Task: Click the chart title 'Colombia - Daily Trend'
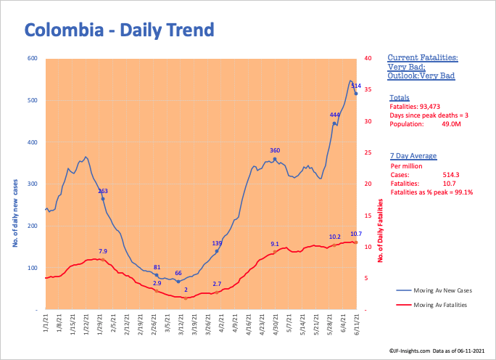point(120,30)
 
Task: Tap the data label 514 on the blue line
point(355,86)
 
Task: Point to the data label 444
point(335,115)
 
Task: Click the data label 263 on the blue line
point(103,191)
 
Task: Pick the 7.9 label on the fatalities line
point(103,251)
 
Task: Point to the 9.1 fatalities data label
point(275,244)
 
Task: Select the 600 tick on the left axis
point(33,58)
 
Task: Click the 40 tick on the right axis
point(368,58)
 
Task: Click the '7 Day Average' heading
point(412,156)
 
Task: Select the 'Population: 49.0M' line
point(425,124)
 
